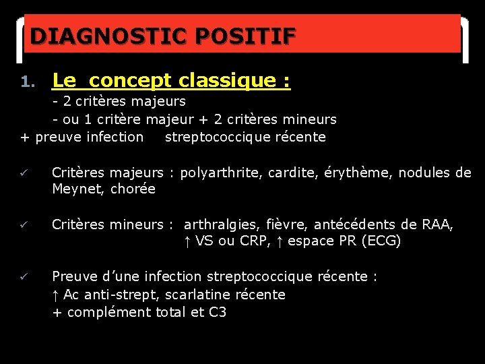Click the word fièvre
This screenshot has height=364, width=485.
point(285,224)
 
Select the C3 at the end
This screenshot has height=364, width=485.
point(217,312)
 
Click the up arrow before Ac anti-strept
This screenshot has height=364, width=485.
point(56,295)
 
